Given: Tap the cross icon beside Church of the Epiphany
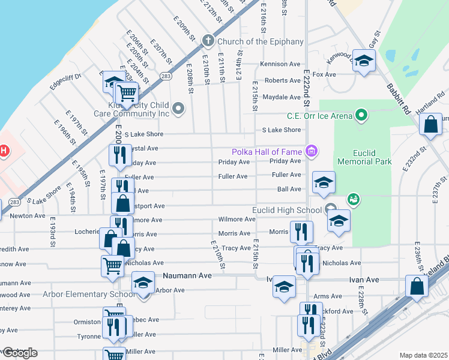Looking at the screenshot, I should tap(208, 41).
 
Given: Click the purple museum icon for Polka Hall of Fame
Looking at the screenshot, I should tap(310, 150).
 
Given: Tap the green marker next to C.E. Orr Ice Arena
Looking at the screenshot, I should tap(361, 113).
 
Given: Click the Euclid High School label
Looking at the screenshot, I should tap(287, 209).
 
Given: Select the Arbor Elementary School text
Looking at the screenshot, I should tap(88, 294).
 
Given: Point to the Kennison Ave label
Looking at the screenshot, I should tap(280, 64).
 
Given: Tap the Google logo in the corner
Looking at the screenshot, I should tap(19, 352).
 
